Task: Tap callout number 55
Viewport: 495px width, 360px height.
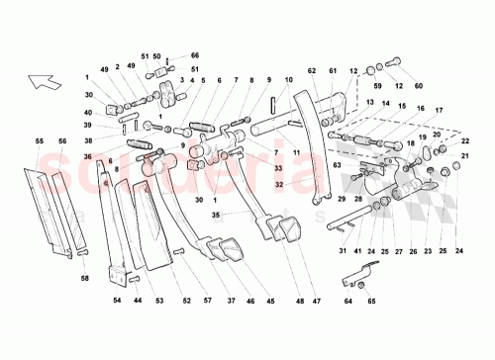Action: click(41, 141)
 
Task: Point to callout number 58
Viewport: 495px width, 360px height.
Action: click(85, 280)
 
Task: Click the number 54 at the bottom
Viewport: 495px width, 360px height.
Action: click(117, 300)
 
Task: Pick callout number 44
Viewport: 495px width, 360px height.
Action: click(137, 300)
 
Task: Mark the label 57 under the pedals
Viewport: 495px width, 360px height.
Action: click(206, 300)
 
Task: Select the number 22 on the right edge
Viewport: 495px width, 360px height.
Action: click(463, 141)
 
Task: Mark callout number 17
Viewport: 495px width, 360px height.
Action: click(438, 109)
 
